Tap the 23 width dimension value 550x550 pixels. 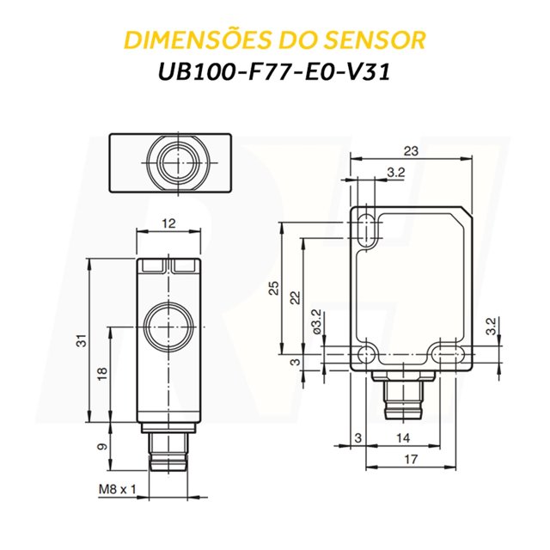411,151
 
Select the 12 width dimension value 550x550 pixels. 168,223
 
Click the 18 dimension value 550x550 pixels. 102,375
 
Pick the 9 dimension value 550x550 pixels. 102,447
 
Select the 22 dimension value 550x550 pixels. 295,297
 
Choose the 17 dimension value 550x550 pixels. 411,460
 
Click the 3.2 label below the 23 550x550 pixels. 395,173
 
